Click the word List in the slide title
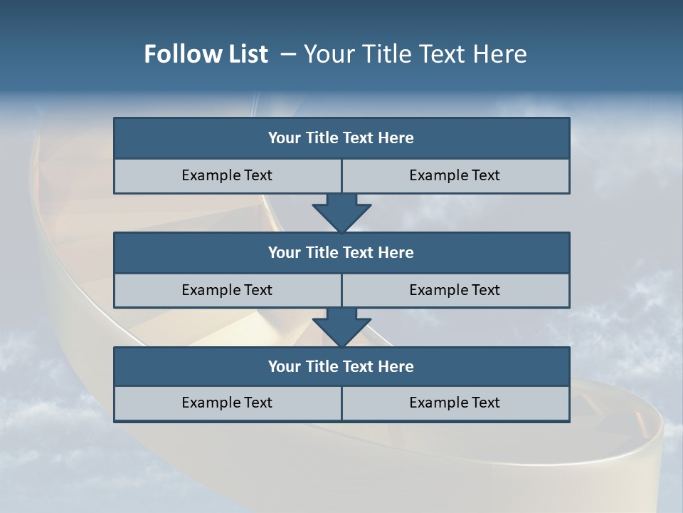(245, 54)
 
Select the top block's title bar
(341, 138)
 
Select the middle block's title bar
(341, 253)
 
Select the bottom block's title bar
(341, 367)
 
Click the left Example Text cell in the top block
(228, 176)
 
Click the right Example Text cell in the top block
(455, 176)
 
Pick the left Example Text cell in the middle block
(228, 291)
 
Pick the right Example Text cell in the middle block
(455, 291)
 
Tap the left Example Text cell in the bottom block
(228, 403)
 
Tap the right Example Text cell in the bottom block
(455, 403)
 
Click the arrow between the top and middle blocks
(341, 212)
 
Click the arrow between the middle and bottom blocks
(341, 327)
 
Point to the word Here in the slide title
(500, 54)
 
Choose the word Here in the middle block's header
(396, 253)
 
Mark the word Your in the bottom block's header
(285, 367)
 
